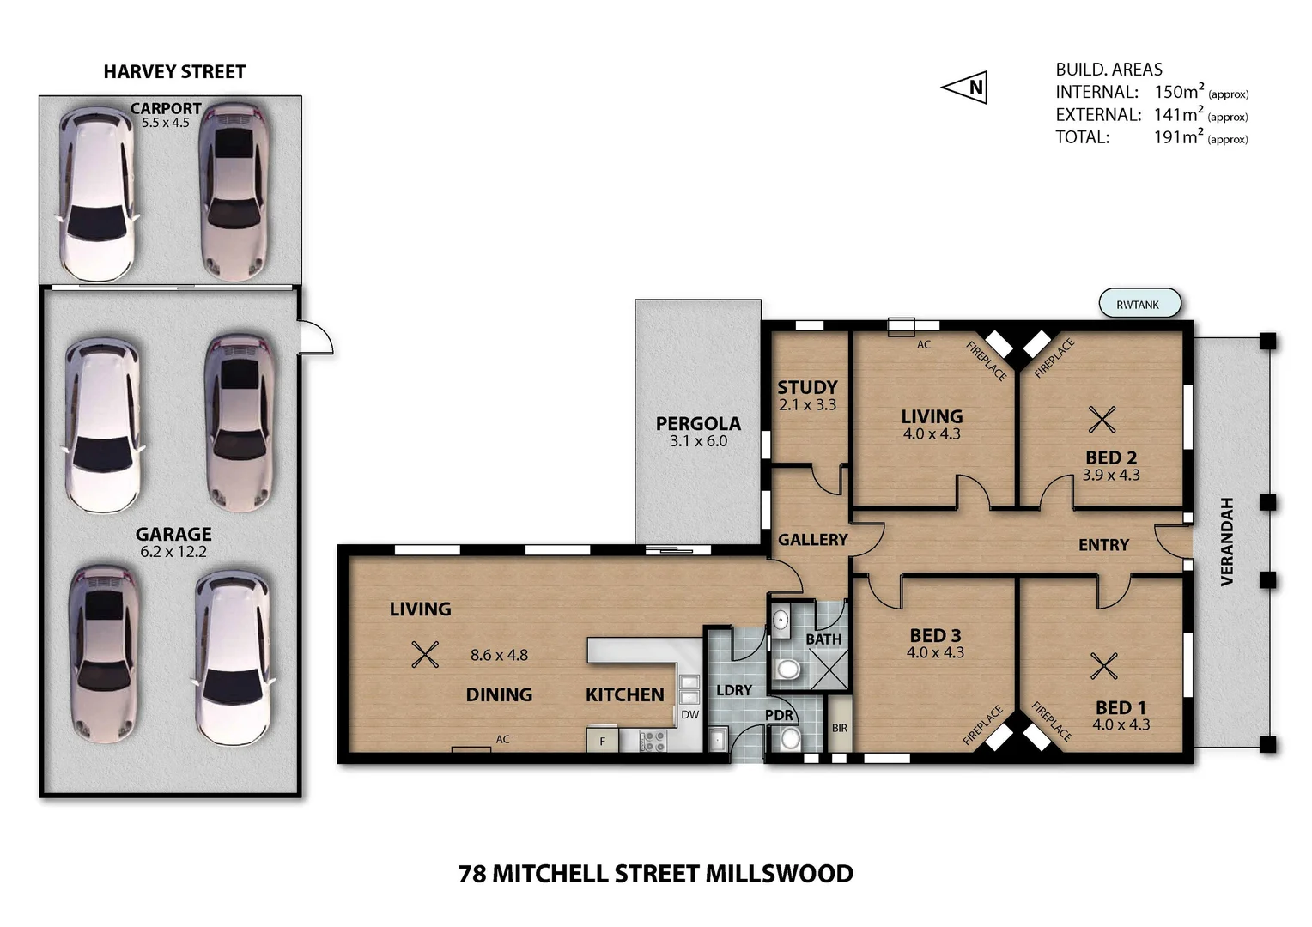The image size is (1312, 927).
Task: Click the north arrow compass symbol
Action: [x=965, y=87]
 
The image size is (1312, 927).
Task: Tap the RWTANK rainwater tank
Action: [x=1139, y=304]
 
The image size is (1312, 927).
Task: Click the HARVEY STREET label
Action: [x=174, y=72]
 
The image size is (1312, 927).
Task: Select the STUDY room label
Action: [x=807, y=387]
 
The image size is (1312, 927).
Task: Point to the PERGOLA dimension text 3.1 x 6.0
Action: [x=698, y=441]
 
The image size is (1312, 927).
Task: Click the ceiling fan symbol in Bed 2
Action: [x=1102, y=419]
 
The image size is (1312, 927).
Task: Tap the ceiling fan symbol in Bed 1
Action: [x=1103, y=665]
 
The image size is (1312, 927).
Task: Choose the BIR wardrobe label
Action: [x=839, y=728]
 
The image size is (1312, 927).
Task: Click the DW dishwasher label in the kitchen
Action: [x=689, y=714]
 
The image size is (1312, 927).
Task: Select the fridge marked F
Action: [x=602, y=740]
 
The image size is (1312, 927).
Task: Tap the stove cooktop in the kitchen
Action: [x=653, y=740]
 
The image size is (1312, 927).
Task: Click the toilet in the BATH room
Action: [x=787, y=669]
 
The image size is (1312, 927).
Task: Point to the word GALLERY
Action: [x=812, y=540]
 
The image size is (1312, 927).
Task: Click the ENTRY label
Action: [x=1103, y=545]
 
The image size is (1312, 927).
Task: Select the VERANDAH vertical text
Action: [x=1226, y=542]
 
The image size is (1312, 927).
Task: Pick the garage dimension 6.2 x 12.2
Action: [x=173, y=552]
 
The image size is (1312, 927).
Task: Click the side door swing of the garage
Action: [x=315, y=337]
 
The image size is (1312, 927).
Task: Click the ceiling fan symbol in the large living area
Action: [x=424, y=654]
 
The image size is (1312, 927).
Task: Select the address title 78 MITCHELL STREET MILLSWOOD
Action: [x=656, y=874]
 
